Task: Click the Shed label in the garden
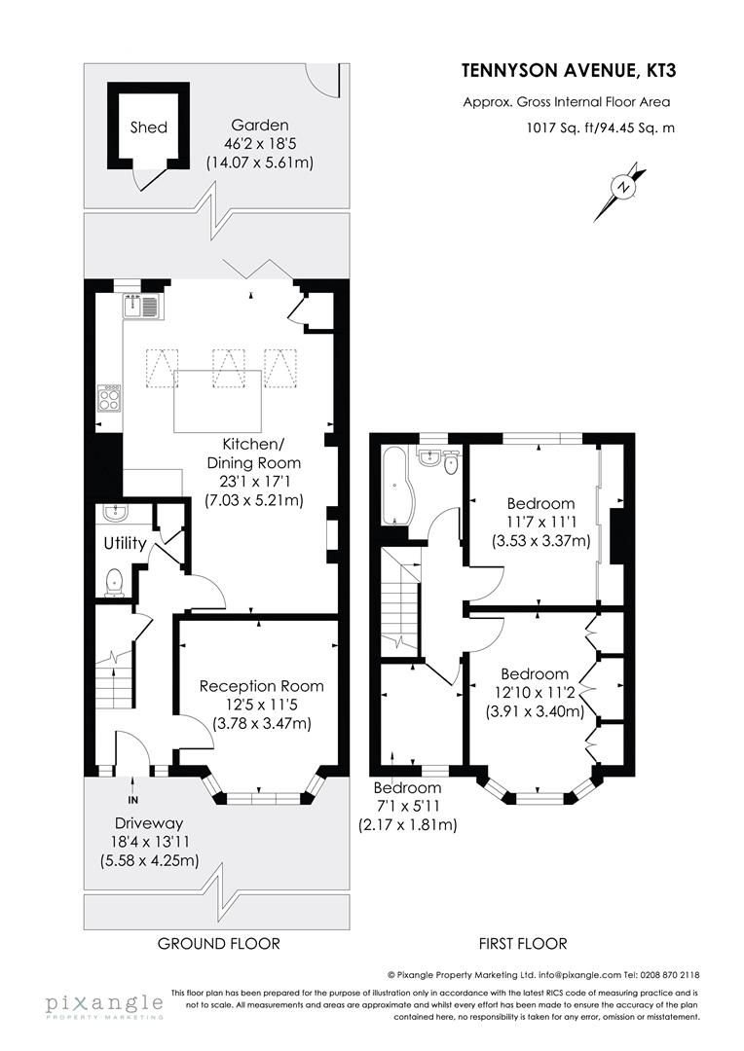pyautogui.click(x=148, y=127)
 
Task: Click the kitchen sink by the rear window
pyautogui.click(x=142, y=308)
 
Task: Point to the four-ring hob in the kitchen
pyautogui.click(x=108, y=399)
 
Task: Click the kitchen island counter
pyautogui.click(x=218, y=400)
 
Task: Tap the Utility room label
pyautogui.click(x=125, y=543)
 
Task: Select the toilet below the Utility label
pyautogui.click(x=114, y=581)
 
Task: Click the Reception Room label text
pyautogui.click(x=261, y=686)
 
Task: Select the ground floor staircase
pyautogui.click(x=116, y=679)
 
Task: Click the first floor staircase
pyautogui.click(x=400, y=602)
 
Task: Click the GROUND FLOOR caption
pyautogui.click(x=218, y=943)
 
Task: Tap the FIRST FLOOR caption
pyautogui.click(x=522, y=943)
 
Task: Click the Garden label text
pyautogui.click(x=260, y=125)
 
